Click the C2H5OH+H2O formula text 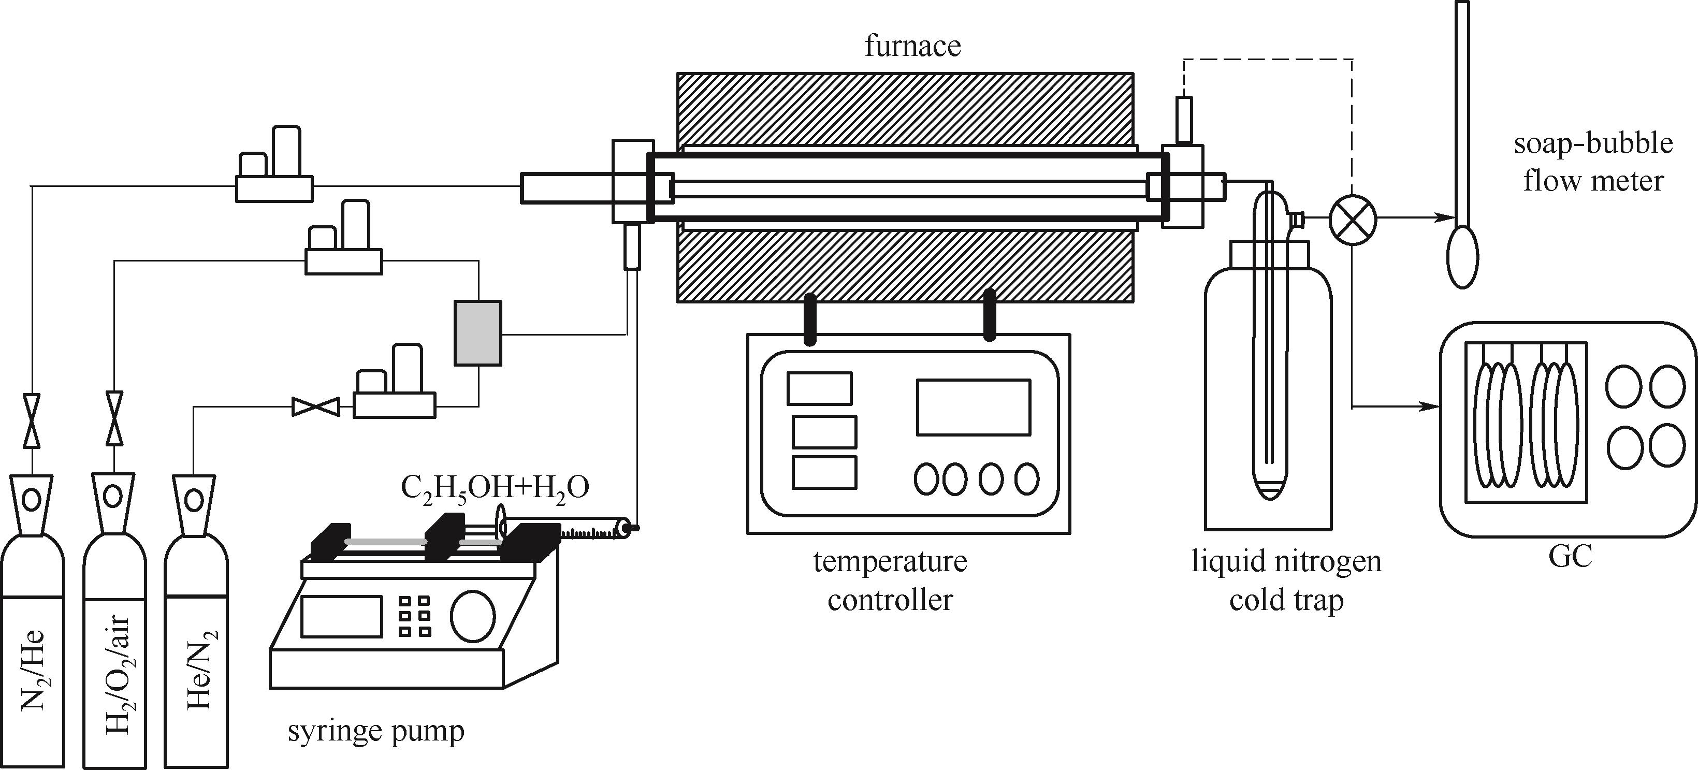pos(495,488)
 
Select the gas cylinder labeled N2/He pos(32,633)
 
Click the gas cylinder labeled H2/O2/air pos(114,633)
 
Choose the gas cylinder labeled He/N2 pos(196,633)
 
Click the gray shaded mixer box pos(478,333)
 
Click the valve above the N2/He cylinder pos(32,420)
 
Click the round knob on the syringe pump pos(473,615)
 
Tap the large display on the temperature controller pos(973,407)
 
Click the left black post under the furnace pos(809,319)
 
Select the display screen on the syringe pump pos(341,616)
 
